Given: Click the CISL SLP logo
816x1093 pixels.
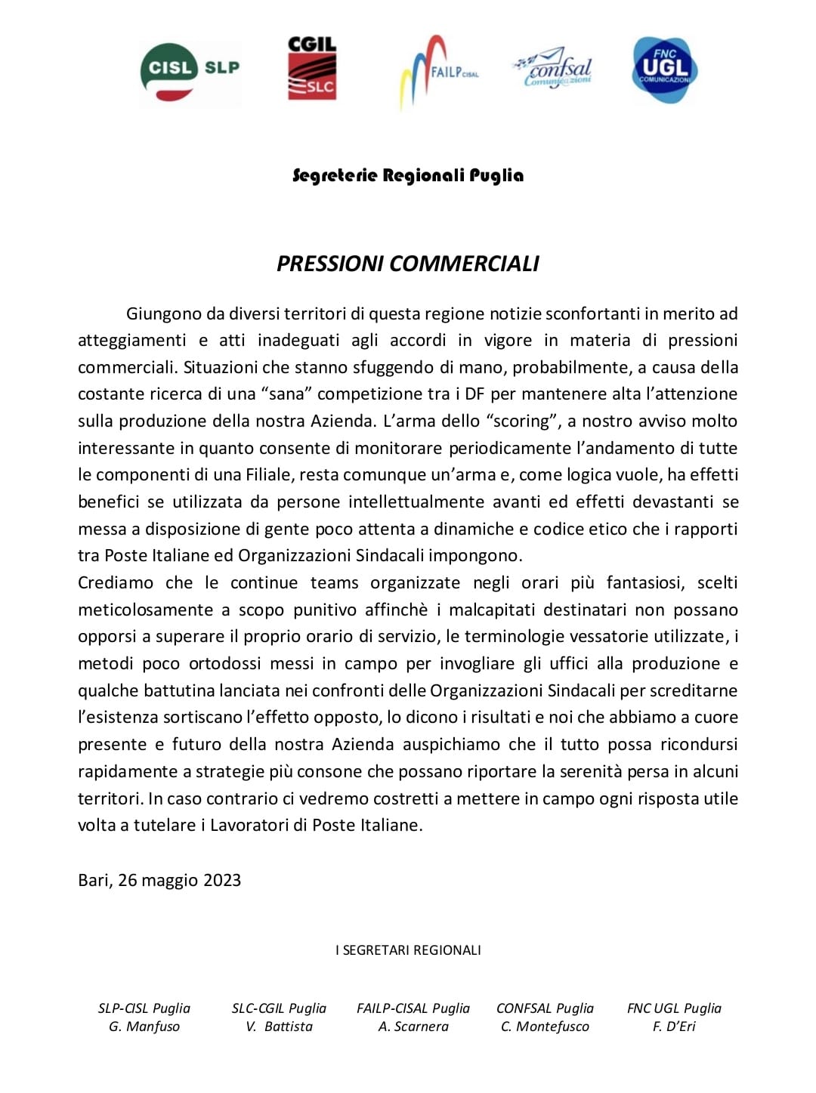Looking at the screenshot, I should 190,71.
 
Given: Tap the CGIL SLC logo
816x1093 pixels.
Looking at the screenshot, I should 312,69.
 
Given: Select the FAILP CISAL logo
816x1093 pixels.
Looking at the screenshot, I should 438,73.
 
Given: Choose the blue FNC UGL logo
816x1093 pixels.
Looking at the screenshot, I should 665,69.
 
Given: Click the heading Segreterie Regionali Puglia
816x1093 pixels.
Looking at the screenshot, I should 408,176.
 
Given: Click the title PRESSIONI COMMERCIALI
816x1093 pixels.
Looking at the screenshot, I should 408,264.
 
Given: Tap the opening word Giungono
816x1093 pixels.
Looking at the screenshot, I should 164,313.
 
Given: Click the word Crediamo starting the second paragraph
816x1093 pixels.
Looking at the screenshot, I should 116,582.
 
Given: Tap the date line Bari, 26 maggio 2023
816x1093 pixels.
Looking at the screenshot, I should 159,880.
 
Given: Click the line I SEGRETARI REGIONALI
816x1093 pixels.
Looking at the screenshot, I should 408,950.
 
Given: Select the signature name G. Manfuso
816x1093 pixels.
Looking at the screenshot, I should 144,1027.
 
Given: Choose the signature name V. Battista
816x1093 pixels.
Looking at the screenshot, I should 279,1027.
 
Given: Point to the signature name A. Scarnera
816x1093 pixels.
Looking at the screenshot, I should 413,1027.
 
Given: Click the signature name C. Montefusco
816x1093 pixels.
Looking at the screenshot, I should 545,1027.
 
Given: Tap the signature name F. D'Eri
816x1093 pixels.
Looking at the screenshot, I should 674,1027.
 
